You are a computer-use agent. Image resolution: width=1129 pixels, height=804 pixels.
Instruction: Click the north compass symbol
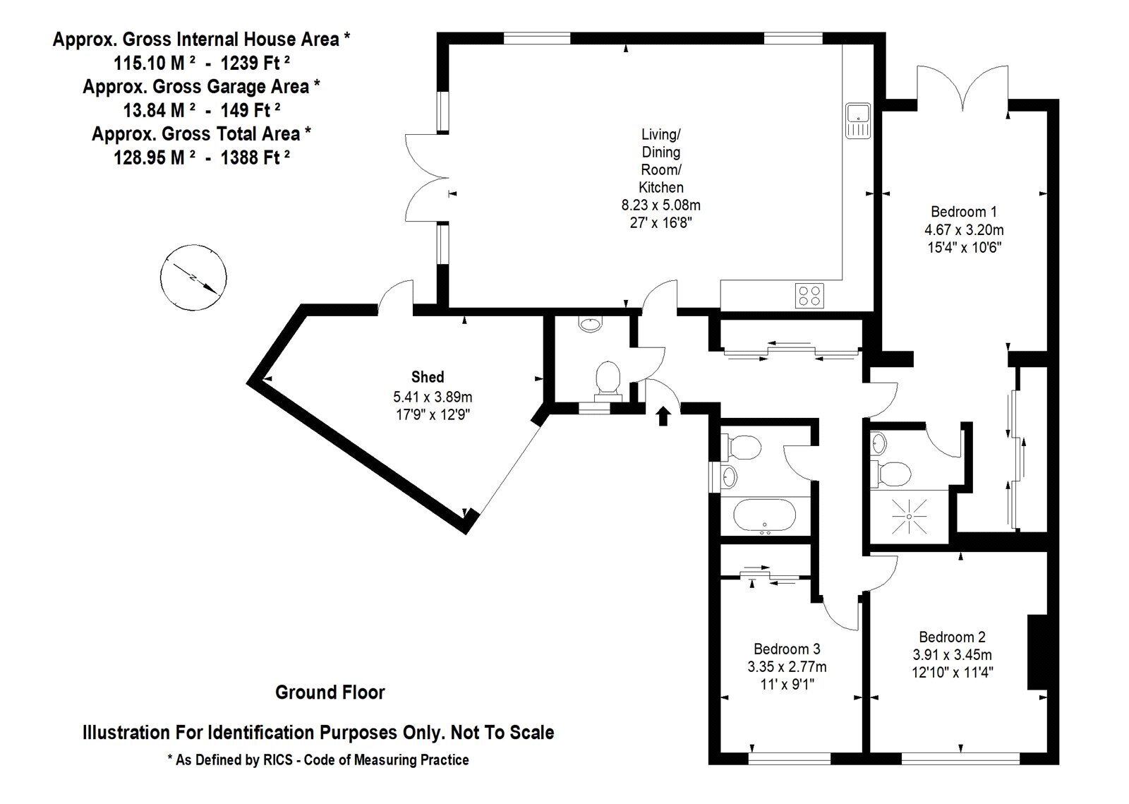tap(193, 277)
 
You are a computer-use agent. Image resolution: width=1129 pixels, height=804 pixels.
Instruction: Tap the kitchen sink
tap(858, 121)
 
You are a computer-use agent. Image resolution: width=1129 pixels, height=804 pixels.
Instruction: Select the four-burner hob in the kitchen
tap(809, 295)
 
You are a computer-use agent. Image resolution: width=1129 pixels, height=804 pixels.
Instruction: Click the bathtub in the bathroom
tap(764, 516)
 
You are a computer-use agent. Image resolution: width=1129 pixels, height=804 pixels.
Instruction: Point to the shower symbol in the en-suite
tap(910, 516)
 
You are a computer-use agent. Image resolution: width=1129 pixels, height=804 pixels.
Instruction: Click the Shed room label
tap(428, 377)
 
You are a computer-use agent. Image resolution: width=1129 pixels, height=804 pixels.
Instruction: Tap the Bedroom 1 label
tap(964, 212)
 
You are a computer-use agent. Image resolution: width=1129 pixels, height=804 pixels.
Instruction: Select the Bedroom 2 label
tap(952, 637)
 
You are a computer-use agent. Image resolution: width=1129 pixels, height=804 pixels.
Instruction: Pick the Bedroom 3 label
tap(787, 649)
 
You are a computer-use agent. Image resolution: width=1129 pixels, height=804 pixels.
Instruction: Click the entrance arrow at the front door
tap(663, 416)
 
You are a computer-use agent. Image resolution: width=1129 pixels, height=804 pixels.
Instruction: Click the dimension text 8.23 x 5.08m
tap(660, 205)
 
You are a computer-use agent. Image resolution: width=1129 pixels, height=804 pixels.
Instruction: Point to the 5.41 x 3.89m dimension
tap(433, 397)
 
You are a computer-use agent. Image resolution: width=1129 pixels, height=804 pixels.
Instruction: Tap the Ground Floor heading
tap(330, 692)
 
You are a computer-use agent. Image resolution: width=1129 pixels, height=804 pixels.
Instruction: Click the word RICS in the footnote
tap(278, 760)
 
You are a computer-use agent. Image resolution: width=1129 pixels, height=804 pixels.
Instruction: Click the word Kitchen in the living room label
tap(660, 188)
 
